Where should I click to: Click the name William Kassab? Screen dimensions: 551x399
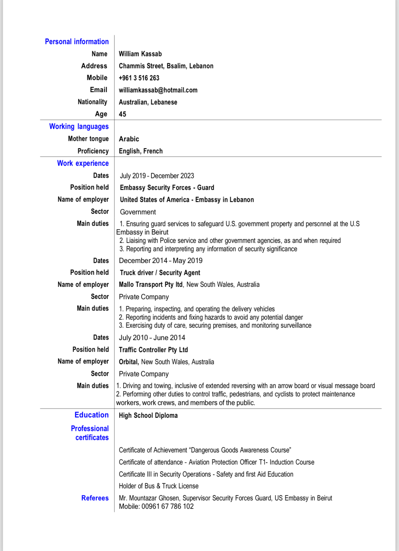[x=140, y=54]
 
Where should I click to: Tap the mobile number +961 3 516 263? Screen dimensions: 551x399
[x=139, y=78]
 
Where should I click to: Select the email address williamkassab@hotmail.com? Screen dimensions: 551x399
[x=158, y=90]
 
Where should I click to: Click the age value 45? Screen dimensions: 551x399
[x=122, y=114]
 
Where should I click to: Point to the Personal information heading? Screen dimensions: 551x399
[x=77, y=41]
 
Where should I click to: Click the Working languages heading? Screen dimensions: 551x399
[x=79, y=126]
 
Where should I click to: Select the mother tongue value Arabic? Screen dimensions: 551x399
[x=129, y=139]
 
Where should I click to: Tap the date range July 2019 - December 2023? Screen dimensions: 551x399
[x=157, y=176]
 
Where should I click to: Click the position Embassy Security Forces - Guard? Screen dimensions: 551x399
[x=167, y=188]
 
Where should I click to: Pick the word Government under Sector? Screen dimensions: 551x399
[x=138, y=212]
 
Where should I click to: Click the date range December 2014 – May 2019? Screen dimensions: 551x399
[x=161, y=261]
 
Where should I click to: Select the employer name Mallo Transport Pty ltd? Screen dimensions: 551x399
[x=151, y=284]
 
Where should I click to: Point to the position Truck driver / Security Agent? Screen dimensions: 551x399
[x=160, y=273]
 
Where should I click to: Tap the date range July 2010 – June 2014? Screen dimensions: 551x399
[x=152, y=338]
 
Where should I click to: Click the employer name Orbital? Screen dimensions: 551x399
[x=129, y=362]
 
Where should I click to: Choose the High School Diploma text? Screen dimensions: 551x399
[x=148, y=415]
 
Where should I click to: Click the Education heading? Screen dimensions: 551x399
[x=92, y=415]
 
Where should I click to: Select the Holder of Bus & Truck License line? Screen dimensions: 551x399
[x=159, y=486]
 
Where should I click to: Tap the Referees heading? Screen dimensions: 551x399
[x=95, y=498]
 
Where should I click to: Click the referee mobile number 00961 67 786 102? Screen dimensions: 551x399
[x=168, y=507]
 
